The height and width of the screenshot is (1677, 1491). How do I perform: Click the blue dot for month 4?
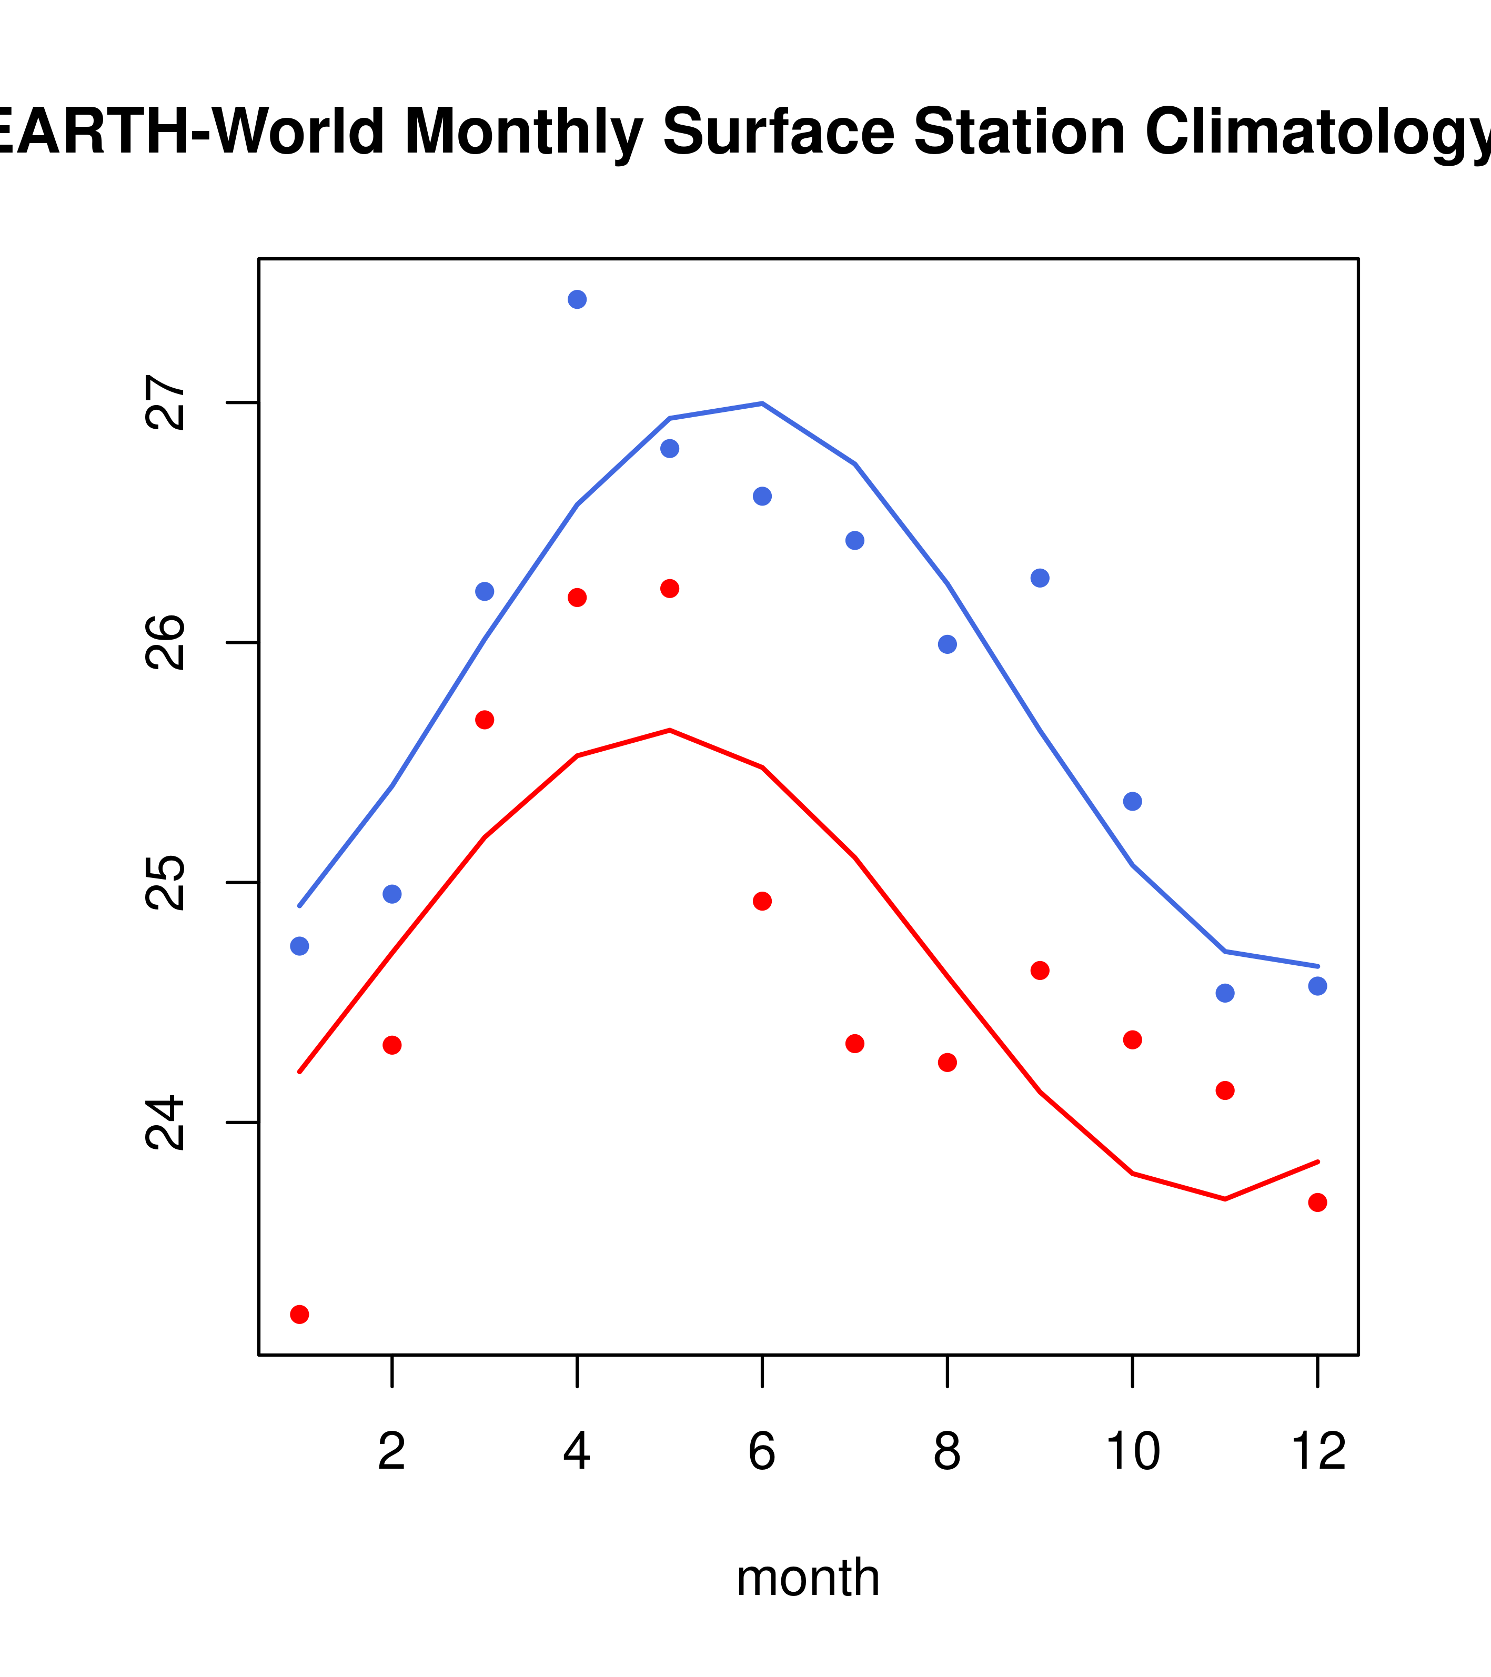click(x=577, y=299)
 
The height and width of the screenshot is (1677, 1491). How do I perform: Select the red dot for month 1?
click(x=299, y=1315)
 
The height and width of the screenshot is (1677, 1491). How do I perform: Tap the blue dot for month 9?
click(x=1040, y=579)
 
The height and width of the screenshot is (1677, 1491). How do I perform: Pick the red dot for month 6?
click(x=762, y=902)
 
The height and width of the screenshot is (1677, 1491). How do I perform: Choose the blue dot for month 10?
click(x=1132, y=802)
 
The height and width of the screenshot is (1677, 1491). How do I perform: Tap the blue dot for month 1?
click(x=299, y=946)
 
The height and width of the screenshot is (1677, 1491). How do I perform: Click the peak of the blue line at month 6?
click(x=762, y=403)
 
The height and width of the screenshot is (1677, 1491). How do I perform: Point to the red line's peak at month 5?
click(x=670, y=730)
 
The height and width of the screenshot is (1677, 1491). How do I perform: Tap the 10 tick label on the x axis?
click(x=1132, y=1451)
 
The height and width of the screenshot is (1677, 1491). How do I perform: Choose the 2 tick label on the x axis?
click(x=392, y=1451)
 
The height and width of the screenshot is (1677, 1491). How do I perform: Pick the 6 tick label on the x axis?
click(x=762, y=1451)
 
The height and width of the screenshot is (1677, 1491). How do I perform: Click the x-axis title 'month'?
click(x=808, y=1578)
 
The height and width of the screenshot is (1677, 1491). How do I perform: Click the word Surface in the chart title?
click(x=778, y=132)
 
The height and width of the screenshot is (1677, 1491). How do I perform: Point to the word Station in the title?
click(x=1019, y=132)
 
